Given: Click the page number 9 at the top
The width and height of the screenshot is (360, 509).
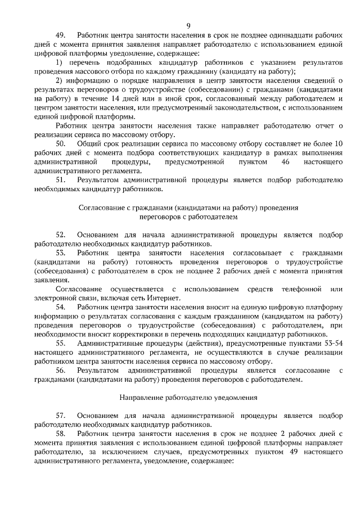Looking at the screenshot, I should click(x=188, y=25).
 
